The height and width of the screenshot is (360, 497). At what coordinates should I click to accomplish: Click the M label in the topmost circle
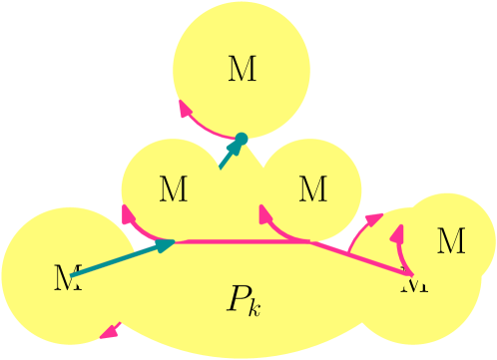(x=242, y=70)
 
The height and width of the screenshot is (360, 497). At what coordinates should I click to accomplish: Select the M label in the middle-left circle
(x=173, y=189)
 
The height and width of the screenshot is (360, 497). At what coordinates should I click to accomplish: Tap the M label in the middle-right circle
(x=312, y=188)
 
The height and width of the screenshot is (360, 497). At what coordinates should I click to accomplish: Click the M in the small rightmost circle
(x=451, y=240)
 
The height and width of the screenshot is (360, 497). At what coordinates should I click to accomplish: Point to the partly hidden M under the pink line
(x=414, y=283)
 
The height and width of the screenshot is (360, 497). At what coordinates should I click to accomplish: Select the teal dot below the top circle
(x=241, y=139)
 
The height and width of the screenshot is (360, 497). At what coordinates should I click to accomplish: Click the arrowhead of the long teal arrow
(x=165, y=244)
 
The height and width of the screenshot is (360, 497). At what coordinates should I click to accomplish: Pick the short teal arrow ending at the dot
(x=230, y=154)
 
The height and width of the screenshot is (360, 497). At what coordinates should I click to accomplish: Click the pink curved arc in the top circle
(x=208, y=129)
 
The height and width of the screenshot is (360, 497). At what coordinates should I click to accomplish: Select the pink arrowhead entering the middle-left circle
(x=128, y=212)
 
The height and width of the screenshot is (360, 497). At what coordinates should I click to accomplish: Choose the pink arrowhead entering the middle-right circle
(x=265, y=212)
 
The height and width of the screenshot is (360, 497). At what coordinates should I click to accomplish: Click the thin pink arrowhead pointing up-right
(x=374, y=218)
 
